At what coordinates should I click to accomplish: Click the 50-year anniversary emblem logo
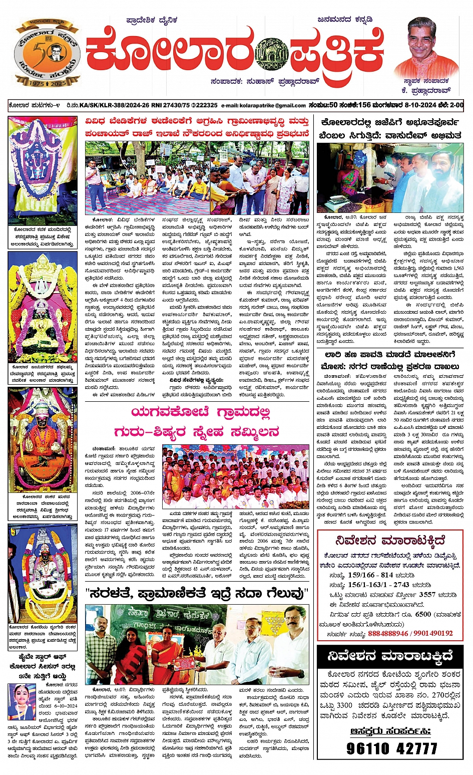(x=48, y=53)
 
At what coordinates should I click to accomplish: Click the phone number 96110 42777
(x=392, y=748)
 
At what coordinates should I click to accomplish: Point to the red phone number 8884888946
(x=387, y=633)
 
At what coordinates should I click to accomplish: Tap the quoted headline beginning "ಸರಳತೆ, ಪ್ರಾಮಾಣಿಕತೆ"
(x=197, y=594)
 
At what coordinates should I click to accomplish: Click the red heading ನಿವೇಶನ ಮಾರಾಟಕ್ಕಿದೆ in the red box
(x=390, y=541)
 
